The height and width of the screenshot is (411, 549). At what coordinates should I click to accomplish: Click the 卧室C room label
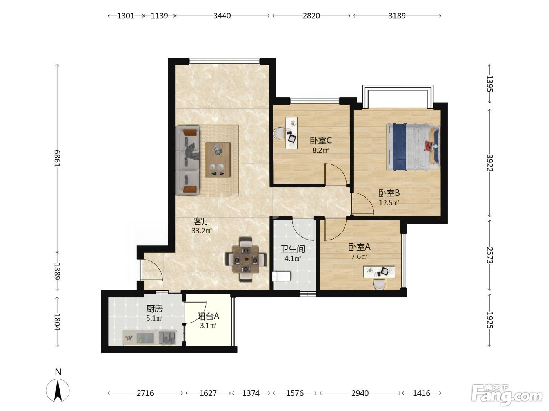pyautogui.click(x=321, y=141)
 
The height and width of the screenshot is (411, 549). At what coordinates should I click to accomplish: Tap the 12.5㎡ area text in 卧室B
pyautogui.click(x=389, y=203)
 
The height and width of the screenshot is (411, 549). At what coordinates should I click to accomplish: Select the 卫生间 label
pyautogui.click(x=293, y=249)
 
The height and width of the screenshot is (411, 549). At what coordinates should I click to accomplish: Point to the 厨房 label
pyautogui.click(x=155, y=309)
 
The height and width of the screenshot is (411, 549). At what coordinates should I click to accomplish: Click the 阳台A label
pyautogui.click(x=208, y=316)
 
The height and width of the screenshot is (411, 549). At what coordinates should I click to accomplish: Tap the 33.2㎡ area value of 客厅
pyautogui.click(x=202, y=231)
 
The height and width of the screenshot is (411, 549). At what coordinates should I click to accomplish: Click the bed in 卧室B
pyautogui.click(x=413, y=147)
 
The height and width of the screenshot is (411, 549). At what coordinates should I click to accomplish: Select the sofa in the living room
pyautogui.click(x=187, y=161)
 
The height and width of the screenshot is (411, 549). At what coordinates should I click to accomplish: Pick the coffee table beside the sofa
pyautogui.click(x=218, y=160)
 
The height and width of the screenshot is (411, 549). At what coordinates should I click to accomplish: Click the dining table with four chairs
pyautogui.click(x=246, y=260)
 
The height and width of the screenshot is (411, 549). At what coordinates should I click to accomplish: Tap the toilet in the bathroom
pyautogui.click(x=282, y=276)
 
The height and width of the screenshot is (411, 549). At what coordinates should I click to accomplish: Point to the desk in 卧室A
pyautogui.click(x=379, y=272)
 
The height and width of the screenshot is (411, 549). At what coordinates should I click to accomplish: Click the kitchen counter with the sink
pyautogui.click(x=150, y=338)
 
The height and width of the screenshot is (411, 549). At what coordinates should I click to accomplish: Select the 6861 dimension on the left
pyautogui.click(x=57, y=159)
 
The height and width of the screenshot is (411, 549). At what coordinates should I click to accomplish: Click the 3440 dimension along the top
pyautogui.click(x=222, y=16)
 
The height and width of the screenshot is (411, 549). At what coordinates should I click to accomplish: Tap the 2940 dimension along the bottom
pyautogui.click(x=360, y=393)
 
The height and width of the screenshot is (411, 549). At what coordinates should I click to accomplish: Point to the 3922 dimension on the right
pyautogui.click(x=489, y=163)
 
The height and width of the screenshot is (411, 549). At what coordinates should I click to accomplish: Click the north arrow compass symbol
pyautogui.click(x=58, y=391)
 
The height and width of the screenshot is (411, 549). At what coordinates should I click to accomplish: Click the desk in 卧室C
pyautogui.click(x=292, y=133)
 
